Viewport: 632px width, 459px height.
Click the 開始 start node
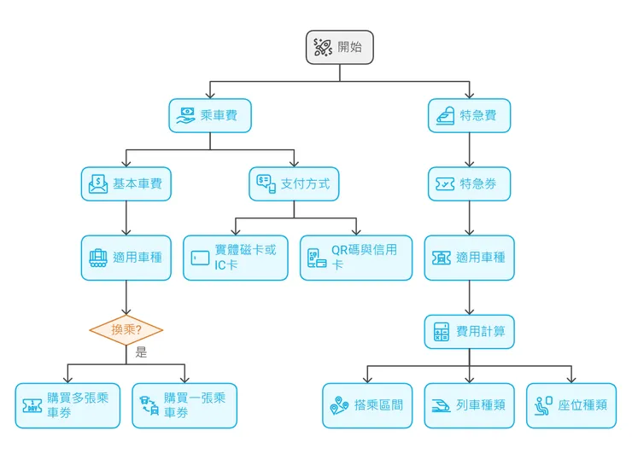[339, 47]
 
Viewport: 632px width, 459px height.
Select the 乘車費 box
[210, 115]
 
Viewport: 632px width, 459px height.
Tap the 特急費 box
[469, 115]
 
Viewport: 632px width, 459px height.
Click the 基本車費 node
[126, 183]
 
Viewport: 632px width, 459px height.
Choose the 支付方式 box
[294, 183]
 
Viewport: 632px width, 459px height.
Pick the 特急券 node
[469, 183]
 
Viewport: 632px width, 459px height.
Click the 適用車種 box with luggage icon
[126, 257]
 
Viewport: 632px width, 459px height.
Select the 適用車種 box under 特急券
[469, 257]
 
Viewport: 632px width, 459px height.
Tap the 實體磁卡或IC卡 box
[236, 257]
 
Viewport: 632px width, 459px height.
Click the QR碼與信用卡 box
[355, 257]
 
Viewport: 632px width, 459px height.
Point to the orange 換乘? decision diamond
[126, 330]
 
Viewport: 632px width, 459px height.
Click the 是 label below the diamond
[141, 352]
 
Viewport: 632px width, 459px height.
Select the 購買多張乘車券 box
[67, 405]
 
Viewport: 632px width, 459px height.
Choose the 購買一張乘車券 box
[184, 405]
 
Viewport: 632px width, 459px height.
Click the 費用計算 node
[469, 331]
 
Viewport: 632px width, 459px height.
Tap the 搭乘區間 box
[367, 405]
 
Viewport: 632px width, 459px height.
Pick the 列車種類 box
[469, 405]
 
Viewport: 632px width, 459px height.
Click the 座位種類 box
[571, 405]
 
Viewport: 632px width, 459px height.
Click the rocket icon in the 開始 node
[323, 47]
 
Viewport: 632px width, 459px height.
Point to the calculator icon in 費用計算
[442, 331]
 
